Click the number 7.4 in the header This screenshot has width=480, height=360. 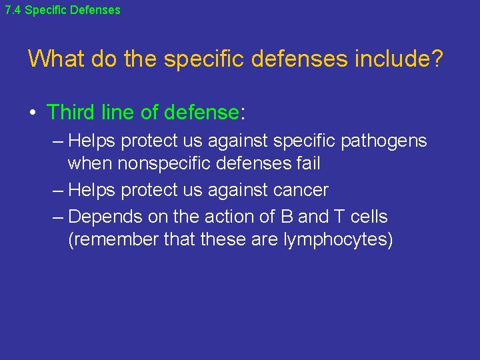(x=13, y=10)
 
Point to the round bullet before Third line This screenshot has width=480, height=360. (x=33, y=113)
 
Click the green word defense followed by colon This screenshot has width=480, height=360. (x=201, y=112)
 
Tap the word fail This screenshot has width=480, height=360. (x=307, y=163)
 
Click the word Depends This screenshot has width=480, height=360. (x=98, y=217)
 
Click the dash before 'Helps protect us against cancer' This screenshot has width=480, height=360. (x=57, y=190)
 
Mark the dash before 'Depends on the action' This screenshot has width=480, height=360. (x=57, y=217)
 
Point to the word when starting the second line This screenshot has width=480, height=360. (x=90, y=163)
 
